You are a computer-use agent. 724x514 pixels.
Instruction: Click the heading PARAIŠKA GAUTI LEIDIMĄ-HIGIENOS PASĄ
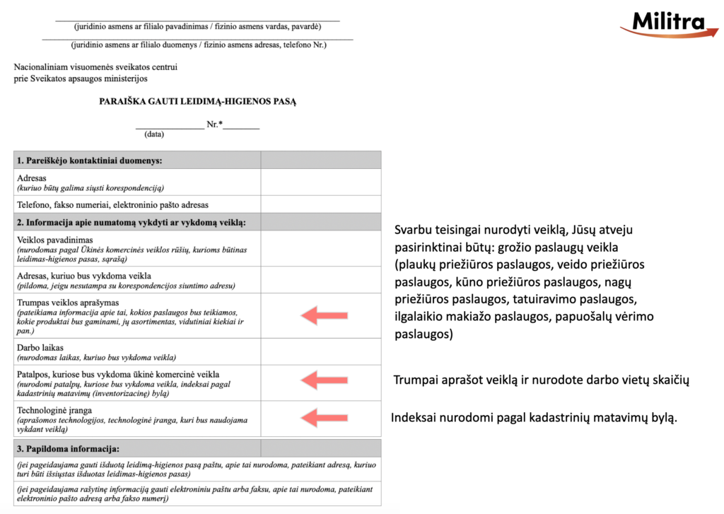[x=198, y=101]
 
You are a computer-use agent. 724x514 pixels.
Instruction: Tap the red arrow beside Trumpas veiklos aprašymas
[x=324, y=315]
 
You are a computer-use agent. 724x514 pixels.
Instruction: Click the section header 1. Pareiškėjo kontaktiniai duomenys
[x=90, y=160]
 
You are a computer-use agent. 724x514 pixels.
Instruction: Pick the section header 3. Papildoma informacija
[x=69, y=449]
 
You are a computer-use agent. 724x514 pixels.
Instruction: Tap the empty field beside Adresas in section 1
[x=320, y=182]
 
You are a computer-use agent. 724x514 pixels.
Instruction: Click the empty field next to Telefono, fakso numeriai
[x=320, y=205]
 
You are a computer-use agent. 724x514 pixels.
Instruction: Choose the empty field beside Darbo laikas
[x=320, y=352]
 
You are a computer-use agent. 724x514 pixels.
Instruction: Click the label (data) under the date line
[x=154, y=134]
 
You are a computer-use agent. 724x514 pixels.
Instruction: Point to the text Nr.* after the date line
[x=214, y=124]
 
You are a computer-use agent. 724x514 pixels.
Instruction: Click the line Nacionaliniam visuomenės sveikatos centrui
[x=95, y=67]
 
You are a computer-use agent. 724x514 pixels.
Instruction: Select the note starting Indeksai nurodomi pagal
[x=535, y=418]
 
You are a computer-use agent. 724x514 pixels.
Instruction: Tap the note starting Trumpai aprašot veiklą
[x=541, y=380]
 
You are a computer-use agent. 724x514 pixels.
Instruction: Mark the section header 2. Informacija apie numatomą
[x=131, y=223]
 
